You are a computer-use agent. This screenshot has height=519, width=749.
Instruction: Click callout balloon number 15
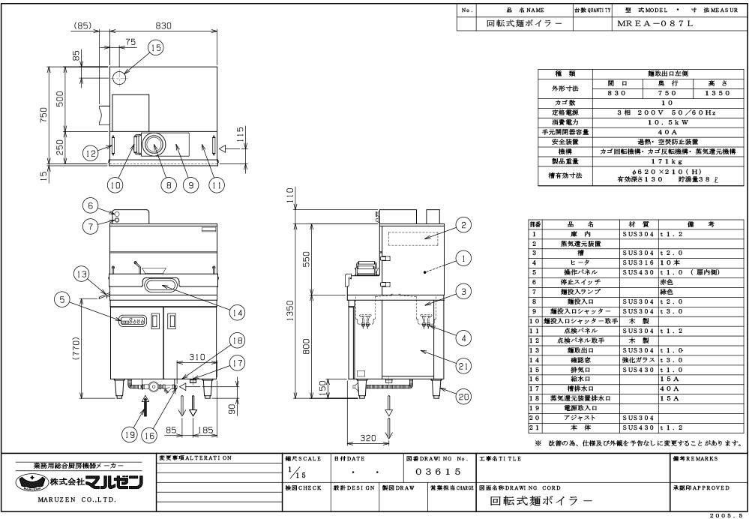[x=155, y=48]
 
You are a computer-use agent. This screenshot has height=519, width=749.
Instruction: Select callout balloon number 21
[x=464, y=366]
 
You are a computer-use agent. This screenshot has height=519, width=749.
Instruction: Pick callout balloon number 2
[x=464, y=224]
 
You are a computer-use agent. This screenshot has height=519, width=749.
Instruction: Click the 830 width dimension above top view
[x=163, y=25]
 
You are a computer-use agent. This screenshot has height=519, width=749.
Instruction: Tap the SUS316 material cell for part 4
[x=636, y=263]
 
